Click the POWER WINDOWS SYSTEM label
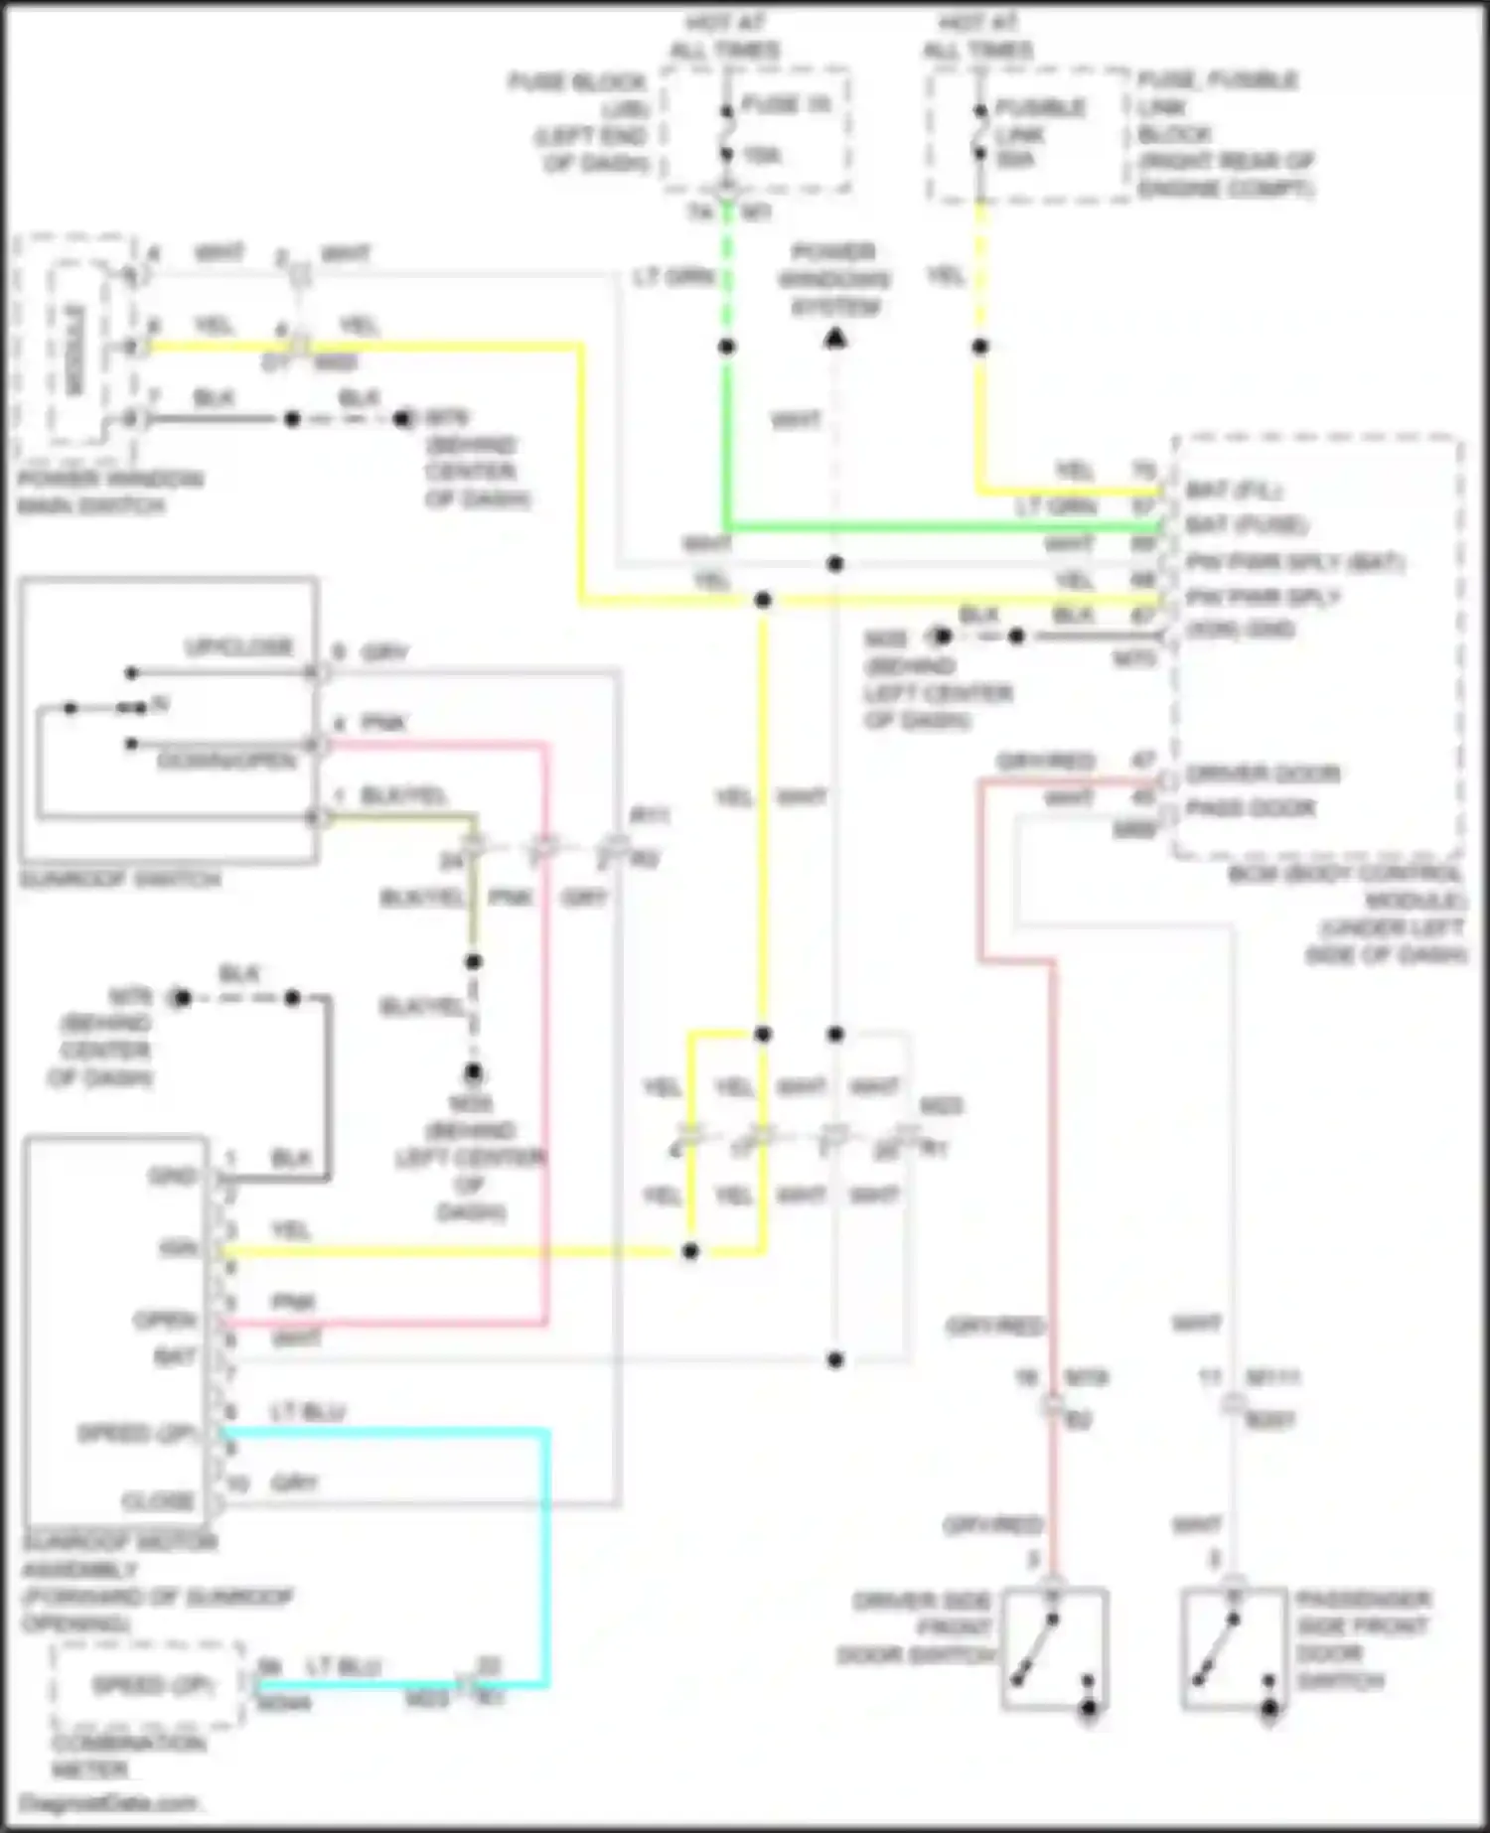point(834,279)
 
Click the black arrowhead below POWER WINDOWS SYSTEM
point(835,340)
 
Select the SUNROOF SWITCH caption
point(119,880)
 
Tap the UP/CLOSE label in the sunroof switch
point(239,647)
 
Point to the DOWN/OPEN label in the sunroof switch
point(226,762)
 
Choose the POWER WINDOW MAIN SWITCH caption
point(109,493)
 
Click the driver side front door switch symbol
point(1054,1648)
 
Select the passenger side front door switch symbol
point(1233,1648)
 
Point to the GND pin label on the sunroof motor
point(172,1177)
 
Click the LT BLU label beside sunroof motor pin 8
point(308,1412)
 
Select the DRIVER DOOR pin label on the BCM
point(1263,773)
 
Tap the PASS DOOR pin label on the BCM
point(1251,808)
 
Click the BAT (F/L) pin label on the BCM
point(1233,490)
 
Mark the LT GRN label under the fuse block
point(674,277)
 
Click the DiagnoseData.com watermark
point(108,1803)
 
